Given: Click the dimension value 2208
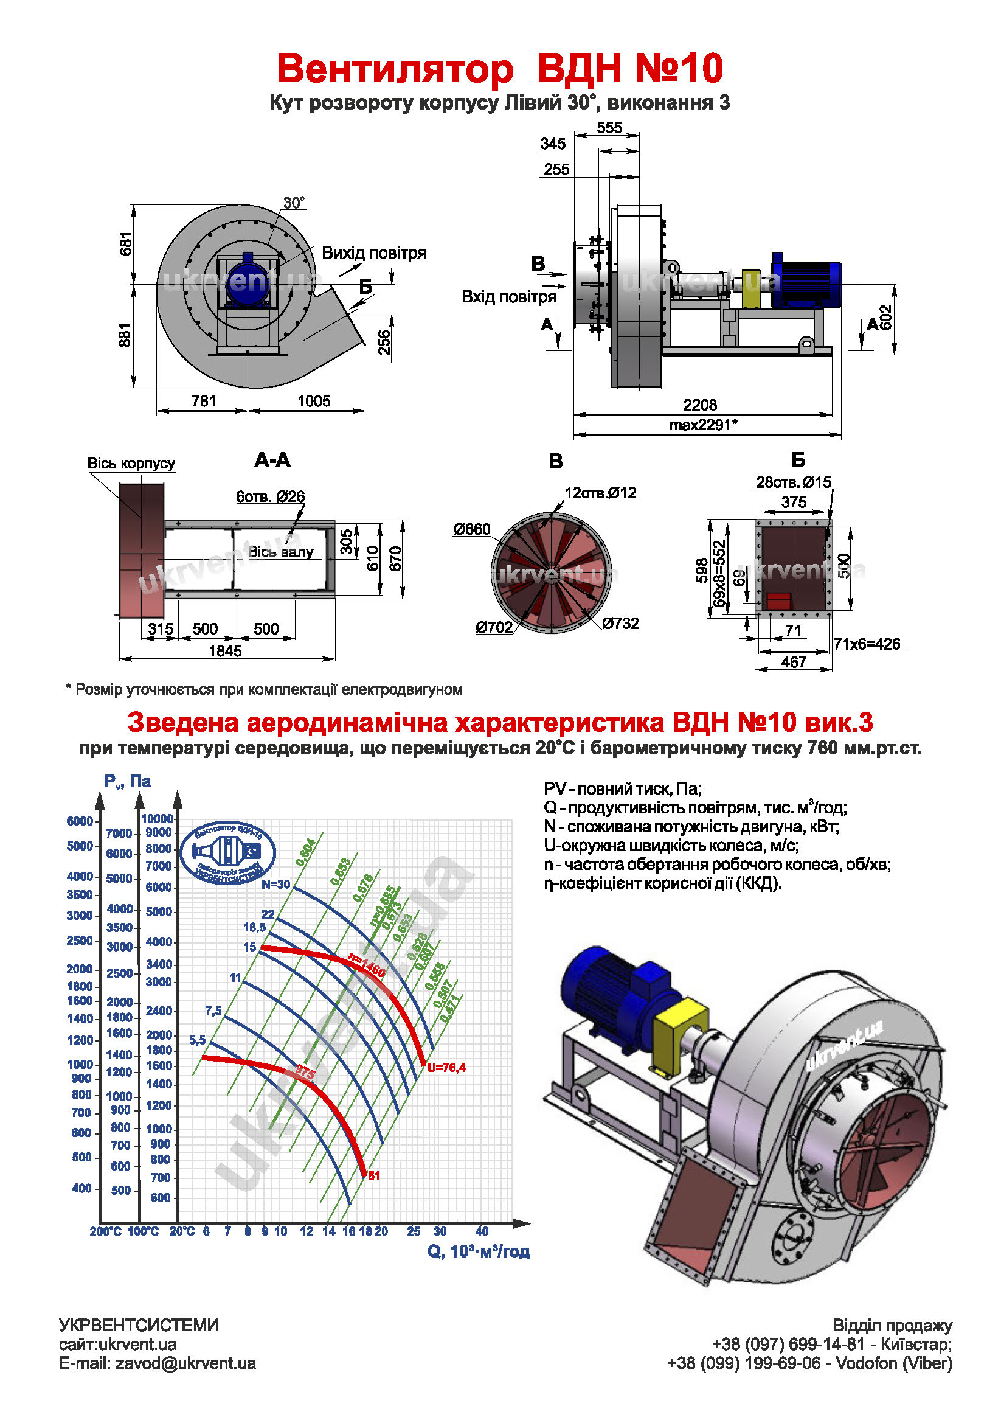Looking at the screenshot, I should (699, 405).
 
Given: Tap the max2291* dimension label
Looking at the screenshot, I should (702, 425).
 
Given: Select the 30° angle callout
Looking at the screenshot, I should (294, 203).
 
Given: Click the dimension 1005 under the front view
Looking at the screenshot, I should (313, 401).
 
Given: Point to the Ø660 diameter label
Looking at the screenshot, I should (471, 529).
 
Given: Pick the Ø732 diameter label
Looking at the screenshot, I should (620, 624).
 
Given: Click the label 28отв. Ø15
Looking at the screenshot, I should (793, 482).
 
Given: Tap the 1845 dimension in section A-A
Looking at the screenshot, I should (225, 651).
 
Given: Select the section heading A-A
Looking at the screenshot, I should (272, 460).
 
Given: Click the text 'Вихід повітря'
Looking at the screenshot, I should (373, 253).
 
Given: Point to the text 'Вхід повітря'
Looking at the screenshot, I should (508, 297).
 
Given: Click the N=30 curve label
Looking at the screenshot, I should (275, 885).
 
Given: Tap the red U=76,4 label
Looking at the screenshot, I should (446, 1067).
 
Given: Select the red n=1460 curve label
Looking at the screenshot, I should (366, 965).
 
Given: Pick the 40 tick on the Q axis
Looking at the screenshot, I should (482, 1231).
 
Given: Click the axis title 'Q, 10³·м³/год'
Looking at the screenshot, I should (478, 1251).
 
